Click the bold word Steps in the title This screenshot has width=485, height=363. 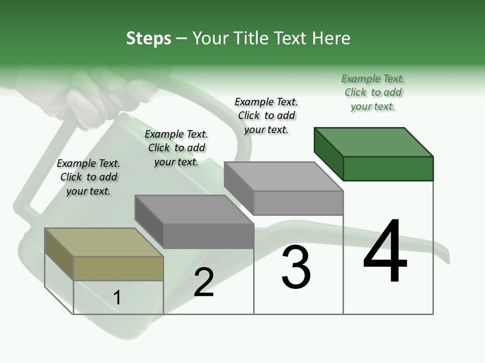[149, 38]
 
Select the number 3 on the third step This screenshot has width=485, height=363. [296, 267]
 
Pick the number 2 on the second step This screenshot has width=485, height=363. [204, 282]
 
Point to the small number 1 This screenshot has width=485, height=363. [117, 297]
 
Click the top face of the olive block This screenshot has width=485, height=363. [104, 242]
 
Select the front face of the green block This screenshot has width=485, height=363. [388, 168]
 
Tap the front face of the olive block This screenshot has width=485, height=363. [118, 268]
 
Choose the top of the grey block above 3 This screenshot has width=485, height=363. [283, 176]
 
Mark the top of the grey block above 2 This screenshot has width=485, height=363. [194, 209]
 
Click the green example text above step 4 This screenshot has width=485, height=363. [373, 92]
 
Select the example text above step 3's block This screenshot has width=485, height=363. [266, 115]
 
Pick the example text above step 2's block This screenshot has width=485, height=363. [176, 148]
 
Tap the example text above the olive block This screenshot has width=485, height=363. [88, 177]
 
